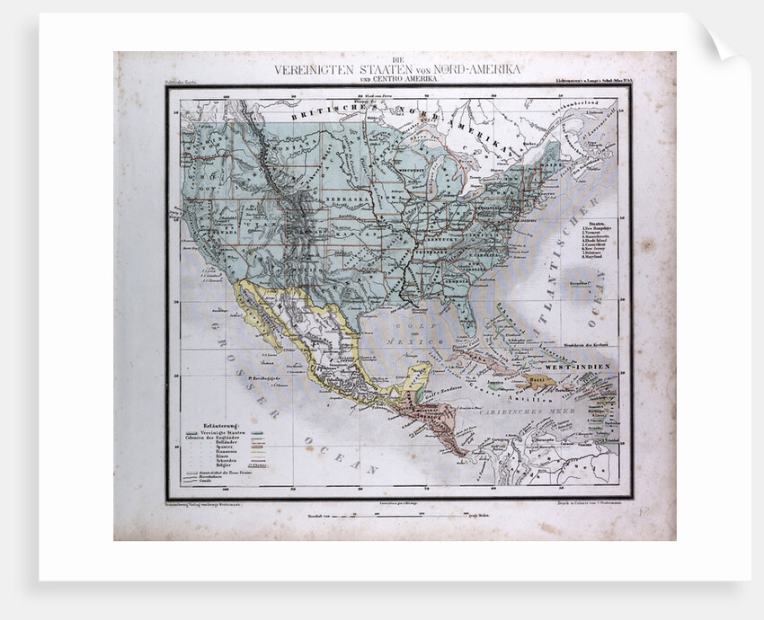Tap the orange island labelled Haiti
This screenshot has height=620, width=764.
click(540, 381)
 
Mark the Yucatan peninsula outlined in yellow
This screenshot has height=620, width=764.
click(415, 376)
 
